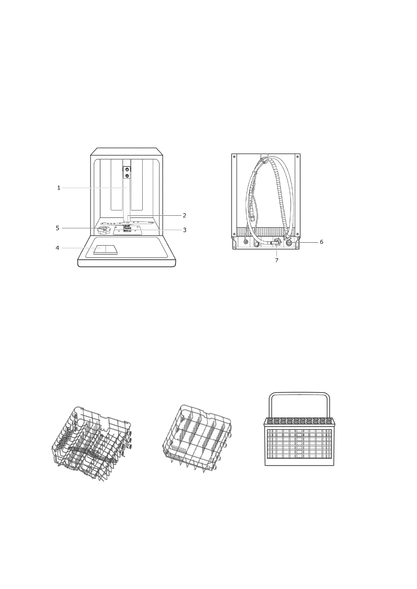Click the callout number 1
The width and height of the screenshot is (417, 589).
[59, 188]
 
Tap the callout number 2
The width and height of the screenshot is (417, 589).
[184, 215]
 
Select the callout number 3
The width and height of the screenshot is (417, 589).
[185, 230]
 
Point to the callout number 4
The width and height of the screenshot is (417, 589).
[57, 248]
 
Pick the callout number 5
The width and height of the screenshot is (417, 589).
[57, 228]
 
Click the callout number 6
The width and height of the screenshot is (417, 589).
[321, 242]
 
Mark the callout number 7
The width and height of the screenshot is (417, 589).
[276, 260]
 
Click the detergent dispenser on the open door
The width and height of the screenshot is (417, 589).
[105, 250]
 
